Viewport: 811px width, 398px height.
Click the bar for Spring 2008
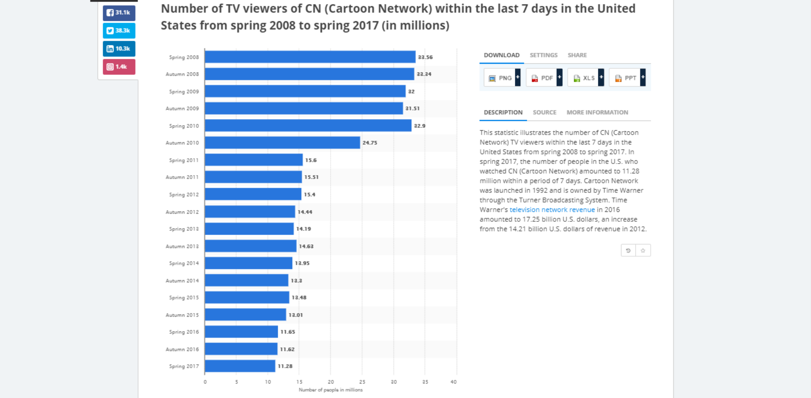[310, 57]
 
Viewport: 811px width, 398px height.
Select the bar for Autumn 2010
[282, 143]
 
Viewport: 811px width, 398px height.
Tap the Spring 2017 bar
[240, 366]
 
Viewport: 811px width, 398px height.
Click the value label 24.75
[370, 143]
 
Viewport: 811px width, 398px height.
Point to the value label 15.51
[311, 177]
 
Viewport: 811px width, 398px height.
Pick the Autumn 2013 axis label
[182, 246]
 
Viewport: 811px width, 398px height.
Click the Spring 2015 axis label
[184, 298]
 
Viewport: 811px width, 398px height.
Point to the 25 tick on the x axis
[362, 382]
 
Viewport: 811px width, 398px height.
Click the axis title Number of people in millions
[330, 390]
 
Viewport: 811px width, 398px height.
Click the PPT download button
[627, 78]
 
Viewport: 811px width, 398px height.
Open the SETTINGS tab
[543, 55]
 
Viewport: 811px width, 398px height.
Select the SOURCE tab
[544, 112]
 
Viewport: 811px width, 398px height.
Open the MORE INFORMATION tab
[597, 112]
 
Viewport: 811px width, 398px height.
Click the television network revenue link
[552, 210]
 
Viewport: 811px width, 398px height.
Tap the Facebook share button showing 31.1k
[119, 13]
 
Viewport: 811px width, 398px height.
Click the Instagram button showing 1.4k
[119, 67]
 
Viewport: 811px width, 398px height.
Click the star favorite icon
[643, 250]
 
